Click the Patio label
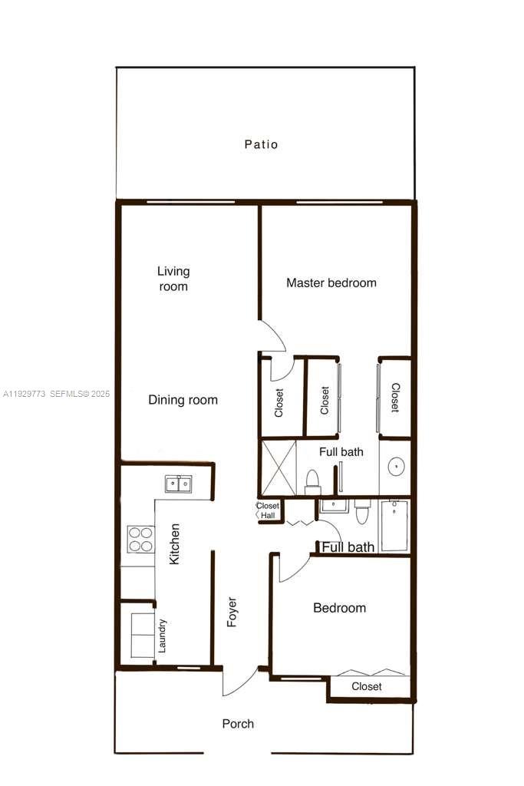coord(261,144)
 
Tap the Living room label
coord(173,279)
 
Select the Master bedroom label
coord(331,282)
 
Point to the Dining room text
coord(183,400)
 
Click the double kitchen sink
coord(178,484)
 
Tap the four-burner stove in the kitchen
coord(140,539)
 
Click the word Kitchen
coord(175,544)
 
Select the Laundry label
coord(162,636)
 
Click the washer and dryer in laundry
coord(141,636)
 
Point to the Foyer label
coord(232,612)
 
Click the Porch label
coord(238,724)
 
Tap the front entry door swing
coord(239,681)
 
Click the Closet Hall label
coord(268,510)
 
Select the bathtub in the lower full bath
coord(394,526)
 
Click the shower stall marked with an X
coord(278,467)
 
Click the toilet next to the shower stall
coord(312,481)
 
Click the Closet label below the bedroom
coord(367,686)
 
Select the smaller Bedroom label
coord(339,608)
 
